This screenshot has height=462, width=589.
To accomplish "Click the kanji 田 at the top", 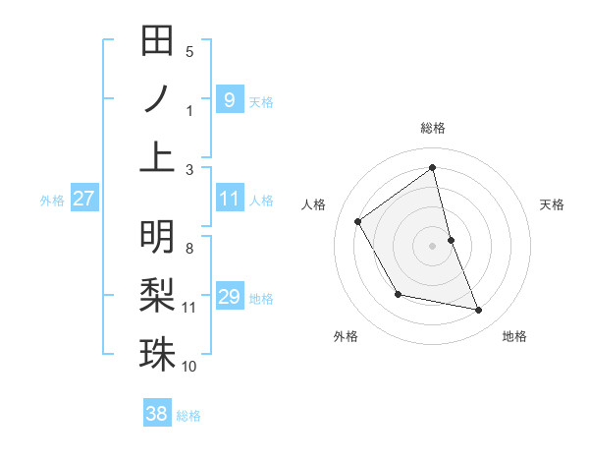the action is [x=158, y=42].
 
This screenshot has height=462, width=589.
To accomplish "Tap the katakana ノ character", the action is [x=158, y=99].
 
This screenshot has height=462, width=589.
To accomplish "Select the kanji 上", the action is [x=158, y=156].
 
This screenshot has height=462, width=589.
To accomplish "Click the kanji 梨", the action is [x=158, y=296].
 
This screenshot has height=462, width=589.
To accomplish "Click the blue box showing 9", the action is [x=229, y=99].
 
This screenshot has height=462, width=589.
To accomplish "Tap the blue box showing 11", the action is [x=229, y=199].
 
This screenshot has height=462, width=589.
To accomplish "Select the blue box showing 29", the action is [x=229, y=297].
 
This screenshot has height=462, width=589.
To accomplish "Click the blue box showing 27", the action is [x=83, y=199].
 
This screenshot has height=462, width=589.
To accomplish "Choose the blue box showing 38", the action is [x=157, y=414].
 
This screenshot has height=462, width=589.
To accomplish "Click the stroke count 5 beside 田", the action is [x=189, y=52].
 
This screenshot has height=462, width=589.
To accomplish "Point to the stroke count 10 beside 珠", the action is [x=189, y=367].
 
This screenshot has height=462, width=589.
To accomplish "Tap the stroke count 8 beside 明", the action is [x=189, y=248].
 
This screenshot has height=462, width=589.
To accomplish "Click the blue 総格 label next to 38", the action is [x=188, y=416].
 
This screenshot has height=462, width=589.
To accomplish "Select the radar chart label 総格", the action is [x=432, y=128].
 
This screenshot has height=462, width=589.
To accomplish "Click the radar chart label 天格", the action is [x=552, y=204].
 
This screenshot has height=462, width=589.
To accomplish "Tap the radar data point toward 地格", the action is [x=479, y=311].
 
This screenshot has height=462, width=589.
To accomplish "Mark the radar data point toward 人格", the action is [x=358, y=221].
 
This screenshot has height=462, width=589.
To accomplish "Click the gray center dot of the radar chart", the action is [x=432, y=245].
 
